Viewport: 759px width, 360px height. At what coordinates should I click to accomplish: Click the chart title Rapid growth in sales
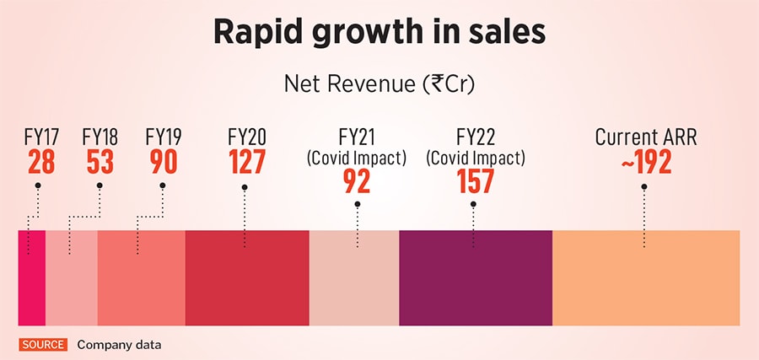pos(379,33)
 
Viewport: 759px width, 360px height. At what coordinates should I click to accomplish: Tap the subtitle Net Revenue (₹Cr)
pos(379,84)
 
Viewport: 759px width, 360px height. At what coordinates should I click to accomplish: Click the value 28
pos(40,161)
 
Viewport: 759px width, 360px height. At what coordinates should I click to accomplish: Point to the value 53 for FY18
pos(100,161)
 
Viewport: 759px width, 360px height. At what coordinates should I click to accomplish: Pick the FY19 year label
pos(163,137)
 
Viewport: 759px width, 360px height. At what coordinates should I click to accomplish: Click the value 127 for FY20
pos(246,161)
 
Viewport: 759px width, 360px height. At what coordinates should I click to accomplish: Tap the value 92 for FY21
pos(357,180)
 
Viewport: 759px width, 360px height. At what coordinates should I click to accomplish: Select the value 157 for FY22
pos(475,180)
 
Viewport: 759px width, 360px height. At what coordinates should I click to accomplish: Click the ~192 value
pos(645,161)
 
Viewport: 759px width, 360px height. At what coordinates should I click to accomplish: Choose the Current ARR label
pos(644,137)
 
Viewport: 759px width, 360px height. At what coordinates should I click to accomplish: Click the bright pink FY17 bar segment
pos(31,277)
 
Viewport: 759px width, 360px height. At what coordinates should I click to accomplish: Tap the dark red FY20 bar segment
pos(246,277)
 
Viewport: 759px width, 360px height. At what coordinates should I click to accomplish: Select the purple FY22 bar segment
pos(475,277)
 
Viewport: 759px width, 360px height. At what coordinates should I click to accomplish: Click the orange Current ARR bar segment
pos(646,277)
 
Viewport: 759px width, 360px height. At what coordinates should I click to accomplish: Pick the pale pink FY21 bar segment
pos(353,277)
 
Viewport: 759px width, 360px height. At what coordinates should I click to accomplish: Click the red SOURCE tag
pos(42,344)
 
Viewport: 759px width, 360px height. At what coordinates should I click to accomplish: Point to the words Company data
pos(119,344)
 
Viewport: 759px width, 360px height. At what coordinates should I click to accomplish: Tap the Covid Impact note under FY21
pos(357,157)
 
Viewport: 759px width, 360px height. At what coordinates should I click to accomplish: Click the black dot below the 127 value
pos(245,187)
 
